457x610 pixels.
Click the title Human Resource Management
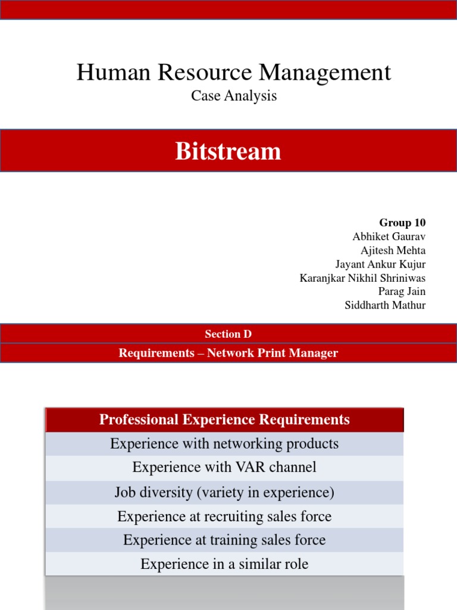click(234, 73)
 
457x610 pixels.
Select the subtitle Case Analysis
click(234, 95)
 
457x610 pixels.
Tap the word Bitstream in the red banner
click(228, 151)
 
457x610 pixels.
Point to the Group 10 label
click(402, 223)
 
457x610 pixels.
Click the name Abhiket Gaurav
click(389, 236)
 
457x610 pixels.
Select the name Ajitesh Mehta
click(393, 250)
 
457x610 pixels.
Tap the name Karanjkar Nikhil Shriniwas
click(362, 278)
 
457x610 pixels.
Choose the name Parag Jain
click(402, 291)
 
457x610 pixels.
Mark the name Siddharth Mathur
click(385, 305)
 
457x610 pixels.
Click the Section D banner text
click(228, 334)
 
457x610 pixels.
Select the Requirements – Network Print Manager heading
click(228, 353)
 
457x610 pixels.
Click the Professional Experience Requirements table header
click(224, 420)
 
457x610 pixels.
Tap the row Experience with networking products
click(224, 444)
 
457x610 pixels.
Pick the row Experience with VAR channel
click(224, 468)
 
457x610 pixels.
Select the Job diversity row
click(224, 493)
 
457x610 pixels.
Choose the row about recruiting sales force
click(224, 516)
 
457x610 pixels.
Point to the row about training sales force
click(224, 540)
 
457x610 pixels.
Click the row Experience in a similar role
click(224, 564)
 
